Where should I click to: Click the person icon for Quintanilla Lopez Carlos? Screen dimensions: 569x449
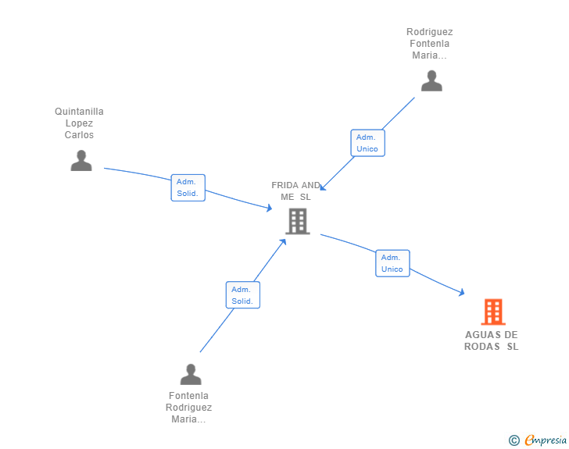click(81, 160)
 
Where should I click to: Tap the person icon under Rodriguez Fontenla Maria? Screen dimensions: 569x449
click(431, 81)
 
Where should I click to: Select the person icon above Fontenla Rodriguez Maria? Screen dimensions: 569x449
click(191, 374)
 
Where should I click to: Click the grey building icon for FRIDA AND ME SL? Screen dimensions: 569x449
click(298, 221)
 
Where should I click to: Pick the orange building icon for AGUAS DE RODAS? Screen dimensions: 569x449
click(493, 312)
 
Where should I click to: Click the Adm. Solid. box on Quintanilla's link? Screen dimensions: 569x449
click(188, 187)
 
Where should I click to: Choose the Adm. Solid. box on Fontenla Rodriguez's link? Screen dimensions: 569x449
click(243, 295)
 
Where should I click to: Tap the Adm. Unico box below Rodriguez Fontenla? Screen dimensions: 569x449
click(367, 143)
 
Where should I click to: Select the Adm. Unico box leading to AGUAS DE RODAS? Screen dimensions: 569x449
click(392, 263)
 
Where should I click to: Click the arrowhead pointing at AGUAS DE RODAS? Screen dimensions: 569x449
click(462, 292)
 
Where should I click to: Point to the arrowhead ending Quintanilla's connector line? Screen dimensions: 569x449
click(269, 208)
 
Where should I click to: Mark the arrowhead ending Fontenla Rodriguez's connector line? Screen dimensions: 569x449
click(283, 242)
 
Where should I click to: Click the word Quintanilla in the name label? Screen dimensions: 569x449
click(79, 112)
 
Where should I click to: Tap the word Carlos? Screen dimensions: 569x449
click(79, 135)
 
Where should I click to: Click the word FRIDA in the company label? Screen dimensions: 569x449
click(284, 185)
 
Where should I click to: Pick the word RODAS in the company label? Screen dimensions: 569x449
click(482, 347)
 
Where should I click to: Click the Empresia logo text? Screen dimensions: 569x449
click(546, 440)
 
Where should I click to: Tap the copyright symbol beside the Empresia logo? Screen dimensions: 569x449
click(514, 440)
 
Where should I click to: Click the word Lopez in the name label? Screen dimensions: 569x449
click(79, 123)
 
